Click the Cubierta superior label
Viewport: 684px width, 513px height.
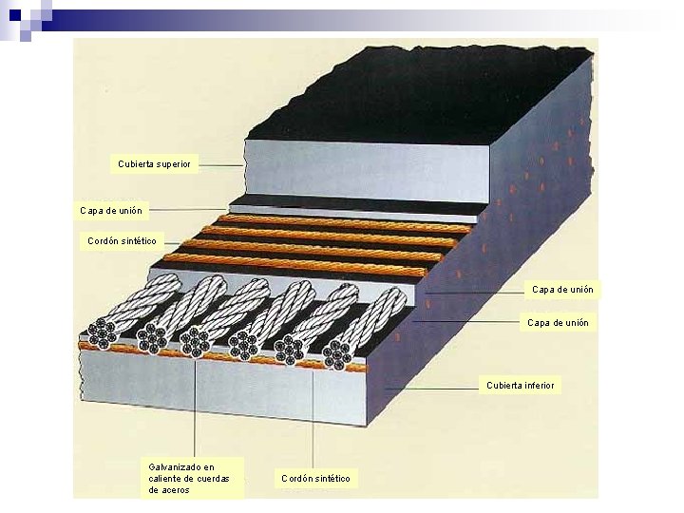tap(154, 164)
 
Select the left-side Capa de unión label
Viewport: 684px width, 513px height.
tap(111, 210)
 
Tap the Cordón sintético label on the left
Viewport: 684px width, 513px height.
tap(122, 241)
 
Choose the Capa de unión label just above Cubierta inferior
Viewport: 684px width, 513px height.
tap(558, 323)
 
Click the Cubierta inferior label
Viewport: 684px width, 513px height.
tap(522, 385)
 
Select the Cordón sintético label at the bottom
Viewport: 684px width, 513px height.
tap(315, 478)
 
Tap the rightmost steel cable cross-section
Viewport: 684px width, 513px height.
tap(336, 355)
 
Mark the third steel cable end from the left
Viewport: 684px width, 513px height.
tap(195, 342)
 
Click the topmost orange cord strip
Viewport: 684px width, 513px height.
tap(342, 223)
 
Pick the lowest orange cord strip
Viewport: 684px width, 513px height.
tap(294, 265)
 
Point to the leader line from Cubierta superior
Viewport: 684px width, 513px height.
tap(220, 164)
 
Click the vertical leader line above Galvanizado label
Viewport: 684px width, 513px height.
tap(195, 408)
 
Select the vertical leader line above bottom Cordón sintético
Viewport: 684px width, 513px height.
tap(314, 418)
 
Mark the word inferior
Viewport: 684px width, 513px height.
tap(539, 385)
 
